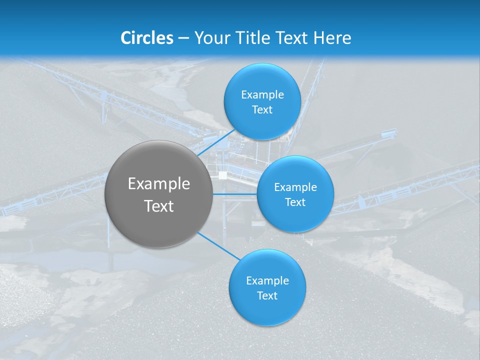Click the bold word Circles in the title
(147, 38)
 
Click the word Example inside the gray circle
(159, 184)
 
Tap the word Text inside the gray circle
(159, 206)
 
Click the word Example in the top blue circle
(262, 95)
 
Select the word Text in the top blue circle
(262, 110)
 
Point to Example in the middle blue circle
(295, 187)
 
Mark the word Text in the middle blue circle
(295, 202)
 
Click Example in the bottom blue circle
(267, 281)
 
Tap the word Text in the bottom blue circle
(267, 296)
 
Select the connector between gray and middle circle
(235, 193)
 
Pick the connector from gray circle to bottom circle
(218, 246)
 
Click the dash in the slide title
(183, 38)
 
